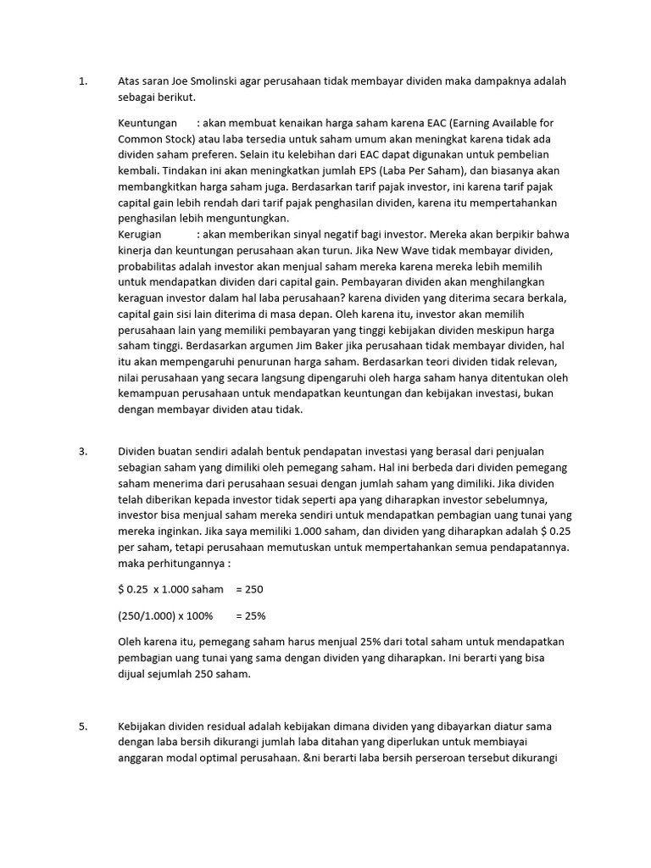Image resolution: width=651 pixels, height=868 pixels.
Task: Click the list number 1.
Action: coord(82,81)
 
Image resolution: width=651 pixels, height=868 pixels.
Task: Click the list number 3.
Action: coord(82,452)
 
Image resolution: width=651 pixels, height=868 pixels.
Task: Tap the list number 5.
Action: coord(82,727)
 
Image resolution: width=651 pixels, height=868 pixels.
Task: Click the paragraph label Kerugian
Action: coord(140,234)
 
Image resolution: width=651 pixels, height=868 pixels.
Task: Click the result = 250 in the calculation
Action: coord(250,589)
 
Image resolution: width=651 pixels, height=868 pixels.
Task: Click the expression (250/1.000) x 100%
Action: coord(166,615)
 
